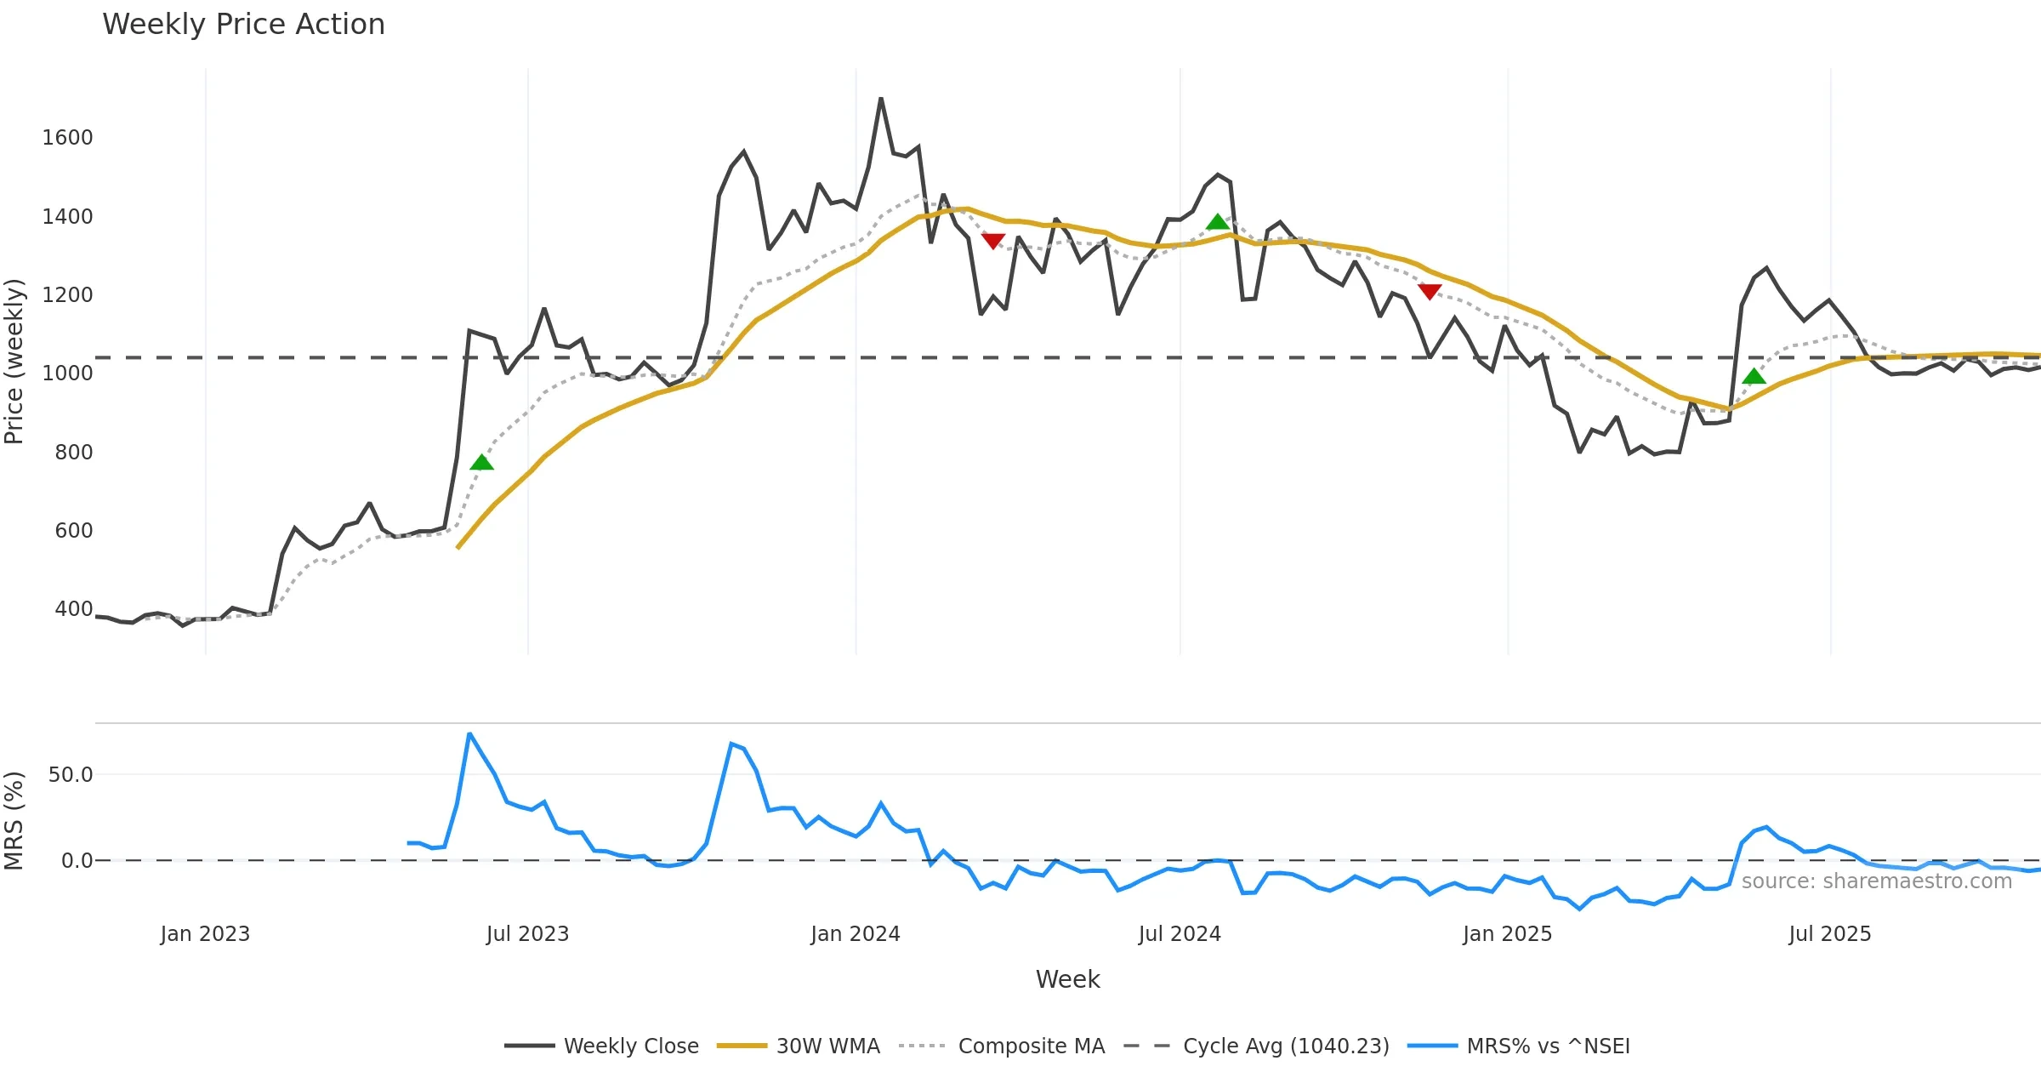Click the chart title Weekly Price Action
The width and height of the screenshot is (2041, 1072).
(243, 25)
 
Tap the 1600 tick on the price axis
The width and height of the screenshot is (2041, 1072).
(67, 138)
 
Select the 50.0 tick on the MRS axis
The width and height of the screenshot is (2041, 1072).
(70, 775)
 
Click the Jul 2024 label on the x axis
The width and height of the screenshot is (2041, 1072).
(1180, 934)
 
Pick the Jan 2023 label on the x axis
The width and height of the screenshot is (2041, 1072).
(205, 934)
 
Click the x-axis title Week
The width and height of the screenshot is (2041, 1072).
(1067, 980)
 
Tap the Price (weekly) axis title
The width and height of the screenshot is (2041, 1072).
(14, 362)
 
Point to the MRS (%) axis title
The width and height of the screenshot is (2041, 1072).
(14, 821)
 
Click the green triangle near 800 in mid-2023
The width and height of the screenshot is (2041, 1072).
(481, 463)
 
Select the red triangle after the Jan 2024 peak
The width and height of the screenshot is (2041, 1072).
(993, 241)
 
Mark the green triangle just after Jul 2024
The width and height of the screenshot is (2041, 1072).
(1218, 222)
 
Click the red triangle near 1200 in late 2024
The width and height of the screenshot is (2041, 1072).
(1430, 292)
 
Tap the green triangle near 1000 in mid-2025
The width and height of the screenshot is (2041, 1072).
(1754, 377)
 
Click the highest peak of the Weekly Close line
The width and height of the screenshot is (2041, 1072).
(881, 99)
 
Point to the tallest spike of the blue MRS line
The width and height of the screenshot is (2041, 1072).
(469, 733)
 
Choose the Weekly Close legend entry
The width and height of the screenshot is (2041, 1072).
(601, 1046)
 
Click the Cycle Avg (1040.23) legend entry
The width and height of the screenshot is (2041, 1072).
(1256, 1046)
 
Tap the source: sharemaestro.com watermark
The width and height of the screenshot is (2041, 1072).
(1876, 881)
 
